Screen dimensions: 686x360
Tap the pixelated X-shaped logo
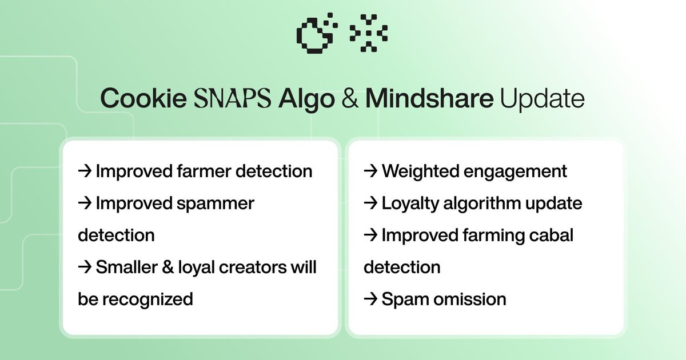369,33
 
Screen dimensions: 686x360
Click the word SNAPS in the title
233,98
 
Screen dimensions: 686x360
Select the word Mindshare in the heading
429,98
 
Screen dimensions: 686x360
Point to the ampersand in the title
350,98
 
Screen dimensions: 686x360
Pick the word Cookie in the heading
143,98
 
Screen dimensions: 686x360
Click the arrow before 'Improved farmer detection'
85,171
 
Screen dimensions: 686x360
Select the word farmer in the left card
204,171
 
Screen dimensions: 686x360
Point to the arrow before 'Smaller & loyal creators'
85,267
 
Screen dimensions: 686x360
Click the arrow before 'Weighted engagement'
370,171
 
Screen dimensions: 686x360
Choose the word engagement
515,172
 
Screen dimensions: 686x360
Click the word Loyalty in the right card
410,204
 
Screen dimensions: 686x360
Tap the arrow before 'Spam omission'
370,299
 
